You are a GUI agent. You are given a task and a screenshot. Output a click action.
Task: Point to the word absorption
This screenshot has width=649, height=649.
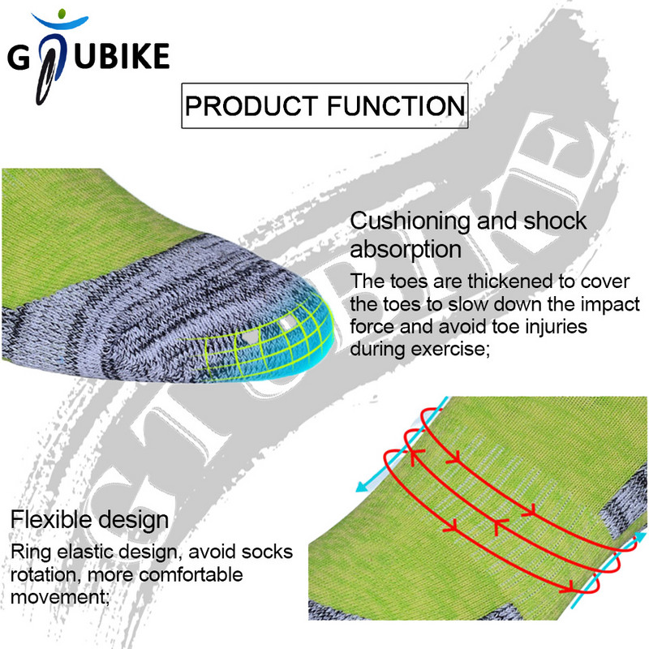406,247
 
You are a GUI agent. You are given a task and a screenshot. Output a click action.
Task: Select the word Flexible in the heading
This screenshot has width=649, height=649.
48,519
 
